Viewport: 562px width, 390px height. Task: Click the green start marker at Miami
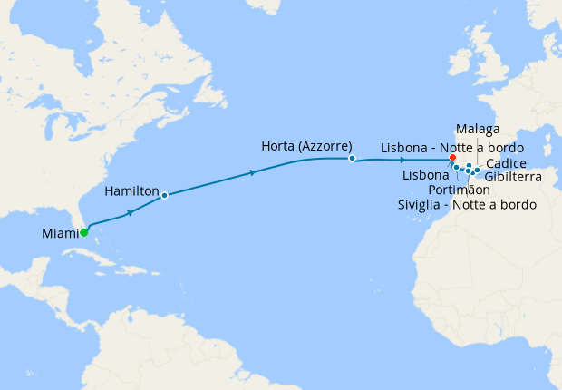point(83,233)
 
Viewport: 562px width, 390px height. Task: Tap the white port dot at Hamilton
point(164,195)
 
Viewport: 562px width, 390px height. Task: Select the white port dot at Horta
point(352,159)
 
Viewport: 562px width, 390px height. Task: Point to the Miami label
point(60,234)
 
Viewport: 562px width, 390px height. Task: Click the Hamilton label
point(132,191)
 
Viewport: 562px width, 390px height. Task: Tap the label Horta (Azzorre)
point(305,146)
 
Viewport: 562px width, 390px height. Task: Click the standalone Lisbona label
point(424,174)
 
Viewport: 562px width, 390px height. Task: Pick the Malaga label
point(478,129)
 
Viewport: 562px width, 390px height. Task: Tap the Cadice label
point(506,162)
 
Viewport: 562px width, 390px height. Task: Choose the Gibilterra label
point(513,177)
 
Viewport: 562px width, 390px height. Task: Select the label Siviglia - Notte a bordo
point(466,205)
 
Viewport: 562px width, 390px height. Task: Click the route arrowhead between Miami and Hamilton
point(131,212)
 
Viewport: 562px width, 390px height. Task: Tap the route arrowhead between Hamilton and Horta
point(253,171)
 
